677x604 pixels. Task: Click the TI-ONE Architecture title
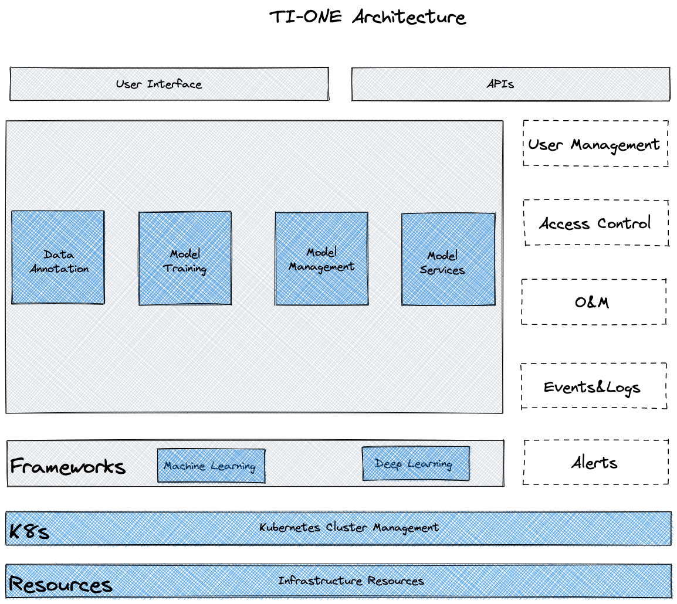(x=367, y=17)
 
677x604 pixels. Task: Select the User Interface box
(x=169, y=84)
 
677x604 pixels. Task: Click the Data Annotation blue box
(x=58, y=257)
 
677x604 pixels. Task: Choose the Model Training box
(x=185, y=259)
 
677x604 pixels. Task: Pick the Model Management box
(x=321, y=259)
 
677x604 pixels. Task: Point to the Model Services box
(x=448, y=259)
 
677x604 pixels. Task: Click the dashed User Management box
(x=595, y=144)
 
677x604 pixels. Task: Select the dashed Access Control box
(x=595, y=223)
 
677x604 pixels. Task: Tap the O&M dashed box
(x=593, y=302)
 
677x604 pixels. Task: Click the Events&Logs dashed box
(x=593, y=386)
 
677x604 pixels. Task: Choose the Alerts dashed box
(x=595, y=463)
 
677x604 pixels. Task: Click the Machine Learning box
(x=211, y=466)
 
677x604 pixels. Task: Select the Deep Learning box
(x=415, y=464)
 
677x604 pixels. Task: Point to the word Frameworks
(x=68, y=467)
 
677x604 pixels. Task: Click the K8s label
(x=29, y=532)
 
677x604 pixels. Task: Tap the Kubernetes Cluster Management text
(x=349, y=527)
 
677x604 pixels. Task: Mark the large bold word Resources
(x=60, y=585)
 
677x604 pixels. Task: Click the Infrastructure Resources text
(x=351, y=581)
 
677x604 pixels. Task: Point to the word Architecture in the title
(x=409, y=17)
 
